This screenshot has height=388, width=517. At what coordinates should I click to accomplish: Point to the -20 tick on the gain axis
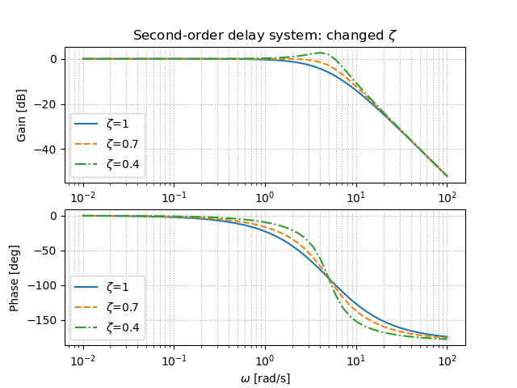click(x=50, y=104)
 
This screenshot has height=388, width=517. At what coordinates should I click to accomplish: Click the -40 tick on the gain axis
click(x=50, y=150)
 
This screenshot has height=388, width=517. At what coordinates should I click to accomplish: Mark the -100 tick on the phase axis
click(x=47, y=285)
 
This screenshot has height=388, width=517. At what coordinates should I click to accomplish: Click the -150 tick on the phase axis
click(x=47, y=320)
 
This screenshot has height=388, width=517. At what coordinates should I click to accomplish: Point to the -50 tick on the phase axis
click(x=50, y=251)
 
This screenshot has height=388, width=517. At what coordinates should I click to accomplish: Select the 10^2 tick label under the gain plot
click(x=447, y=197)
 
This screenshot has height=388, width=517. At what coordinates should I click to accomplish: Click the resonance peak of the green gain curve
click(x=321, y=53)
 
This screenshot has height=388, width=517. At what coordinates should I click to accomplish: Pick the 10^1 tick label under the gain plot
click(x=356, y=197)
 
